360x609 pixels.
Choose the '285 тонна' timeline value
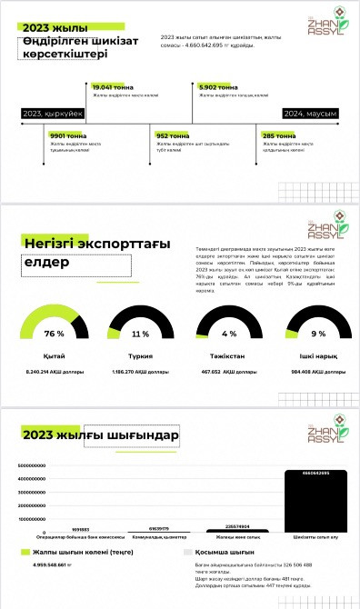coord(275,135)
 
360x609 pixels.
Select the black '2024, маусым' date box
coord(310,114)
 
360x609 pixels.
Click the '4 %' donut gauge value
coord(228,334)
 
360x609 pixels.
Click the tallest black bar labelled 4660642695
coord(311,501)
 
